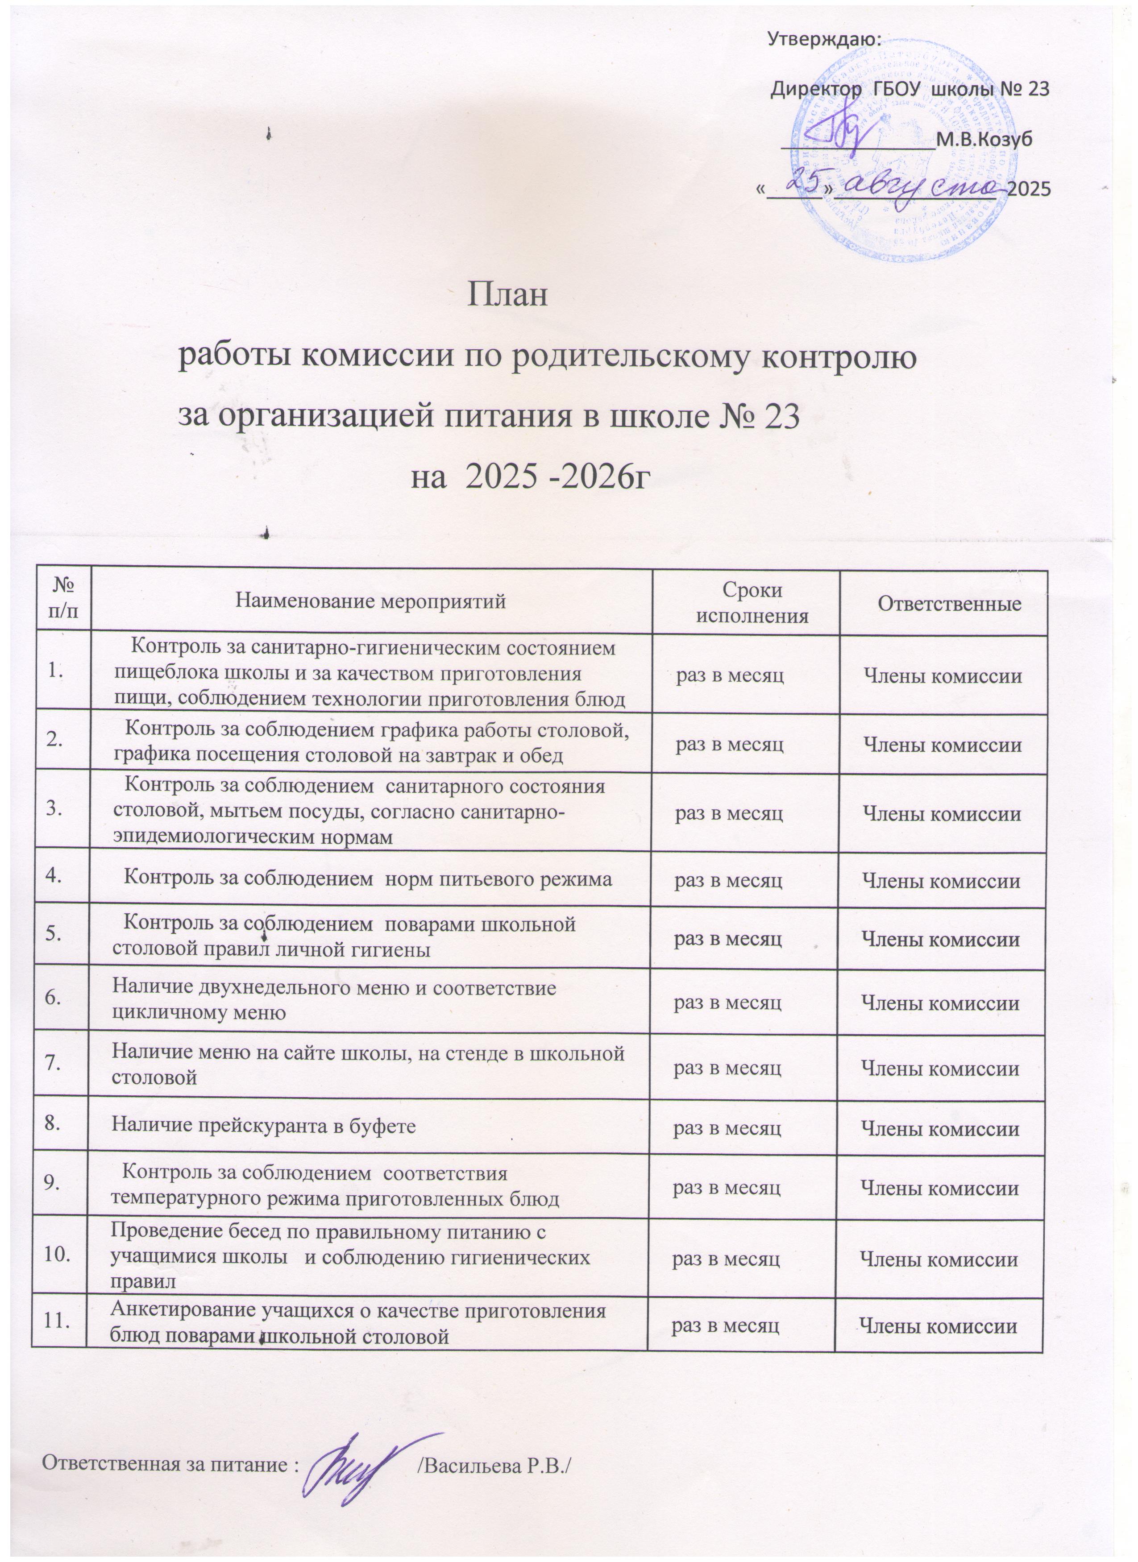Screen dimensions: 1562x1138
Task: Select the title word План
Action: tap(508, 296)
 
